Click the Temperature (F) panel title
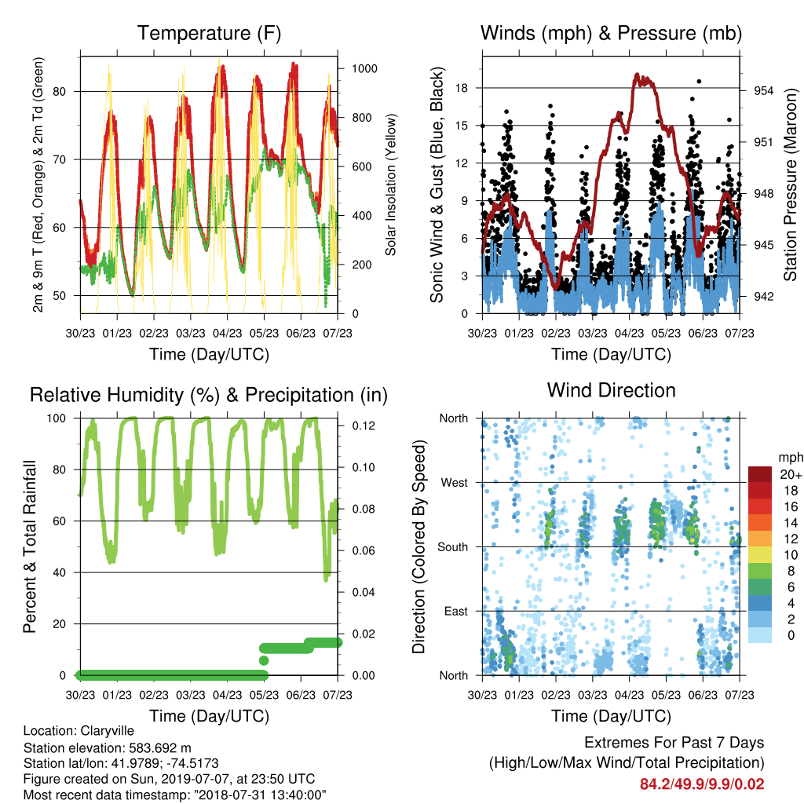point(209,33)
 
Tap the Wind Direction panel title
point(611,390)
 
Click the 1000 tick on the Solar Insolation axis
point(364,69)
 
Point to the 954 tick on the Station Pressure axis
point(763,91)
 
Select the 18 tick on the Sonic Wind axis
point(462,88)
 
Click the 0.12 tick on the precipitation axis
point(364,426)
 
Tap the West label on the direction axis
point(455,483)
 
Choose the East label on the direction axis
point(456,611)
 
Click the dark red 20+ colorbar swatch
point(760,474)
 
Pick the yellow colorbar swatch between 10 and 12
point(760,554)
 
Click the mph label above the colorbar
point(790,458)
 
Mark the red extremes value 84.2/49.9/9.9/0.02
point(702,784)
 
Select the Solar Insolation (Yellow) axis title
point(391,185)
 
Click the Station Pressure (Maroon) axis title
point(790,185)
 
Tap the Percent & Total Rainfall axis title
point(31,546)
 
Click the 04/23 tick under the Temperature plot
point(227,333)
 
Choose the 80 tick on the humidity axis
point(60,470)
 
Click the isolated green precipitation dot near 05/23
point(264,660)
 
